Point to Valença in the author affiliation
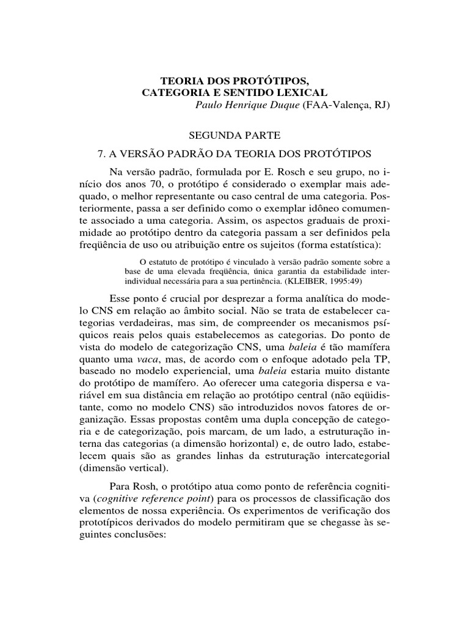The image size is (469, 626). pyautogui.click(x=353, y=105)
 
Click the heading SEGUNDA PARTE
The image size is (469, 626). pyautogui.click(x=234, y=133)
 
